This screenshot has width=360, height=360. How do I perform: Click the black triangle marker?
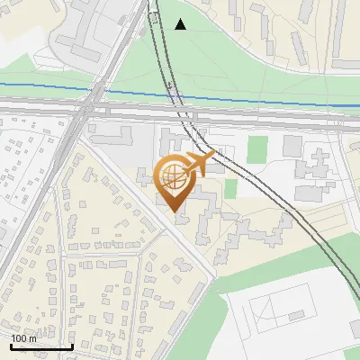pyautogui.click(x=181, y=24)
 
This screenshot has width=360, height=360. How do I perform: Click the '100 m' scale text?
pyautogui.click(x=23, y=338)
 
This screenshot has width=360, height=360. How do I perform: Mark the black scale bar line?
pyautogui.click(x=41, y=346)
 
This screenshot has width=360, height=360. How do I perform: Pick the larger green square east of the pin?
pyautogui.click(x=258, y=149)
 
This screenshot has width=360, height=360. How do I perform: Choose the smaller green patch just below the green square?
pyautogui.click(x=230, y=188)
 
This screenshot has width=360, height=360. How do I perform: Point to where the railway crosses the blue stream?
pyautogui.click(x=170, y=94)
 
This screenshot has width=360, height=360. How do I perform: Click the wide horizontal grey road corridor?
pyautogui.click(x=270, y=118)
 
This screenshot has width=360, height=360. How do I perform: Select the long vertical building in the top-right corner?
pyautogui.click(x=343, y=31)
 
